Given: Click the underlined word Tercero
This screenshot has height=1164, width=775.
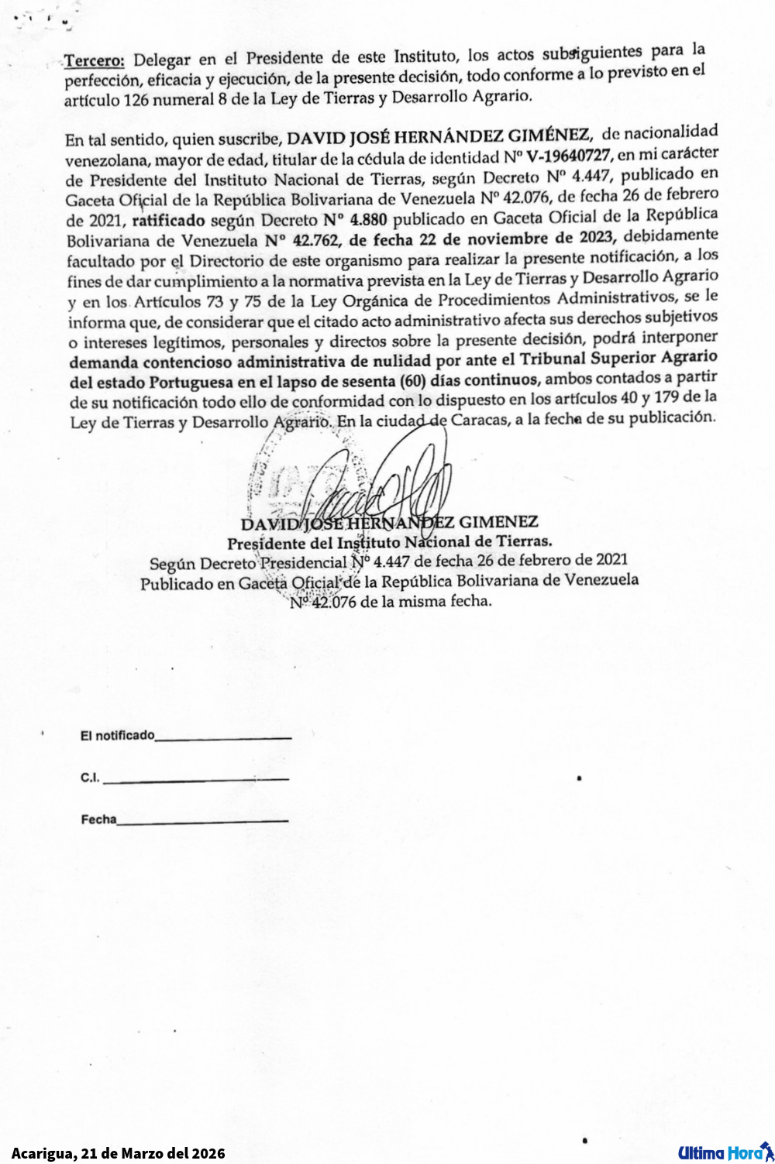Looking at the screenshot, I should pyautogui.click(x=94, y=60).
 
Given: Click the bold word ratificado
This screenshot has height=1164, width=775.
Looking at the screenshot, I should pyautogui.click(x=168, y=221).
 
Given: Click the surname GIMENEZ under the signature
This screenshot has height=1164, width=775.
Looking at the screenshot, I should pyautogui.click(x=498, y=522).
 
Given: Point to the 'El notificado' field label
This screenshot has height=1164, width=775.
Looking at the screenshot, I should pyautogui.click(x=117, y=736).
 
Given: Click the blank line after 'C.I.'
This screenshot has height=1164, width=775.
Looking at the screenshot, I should pyautogui.click(x=195, y=779).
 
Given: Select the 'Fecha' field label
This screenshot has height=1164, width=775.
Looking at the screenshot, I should pyautogui.click(x=98, y=819).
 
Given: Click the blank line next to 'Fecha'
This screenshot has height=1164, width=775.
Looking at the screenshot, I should pyautogui.click(x=203, y=821).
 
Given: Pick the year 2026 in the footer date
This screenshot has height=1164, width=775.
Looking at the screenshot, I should pyautogui.click(x=208, y=1153).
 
